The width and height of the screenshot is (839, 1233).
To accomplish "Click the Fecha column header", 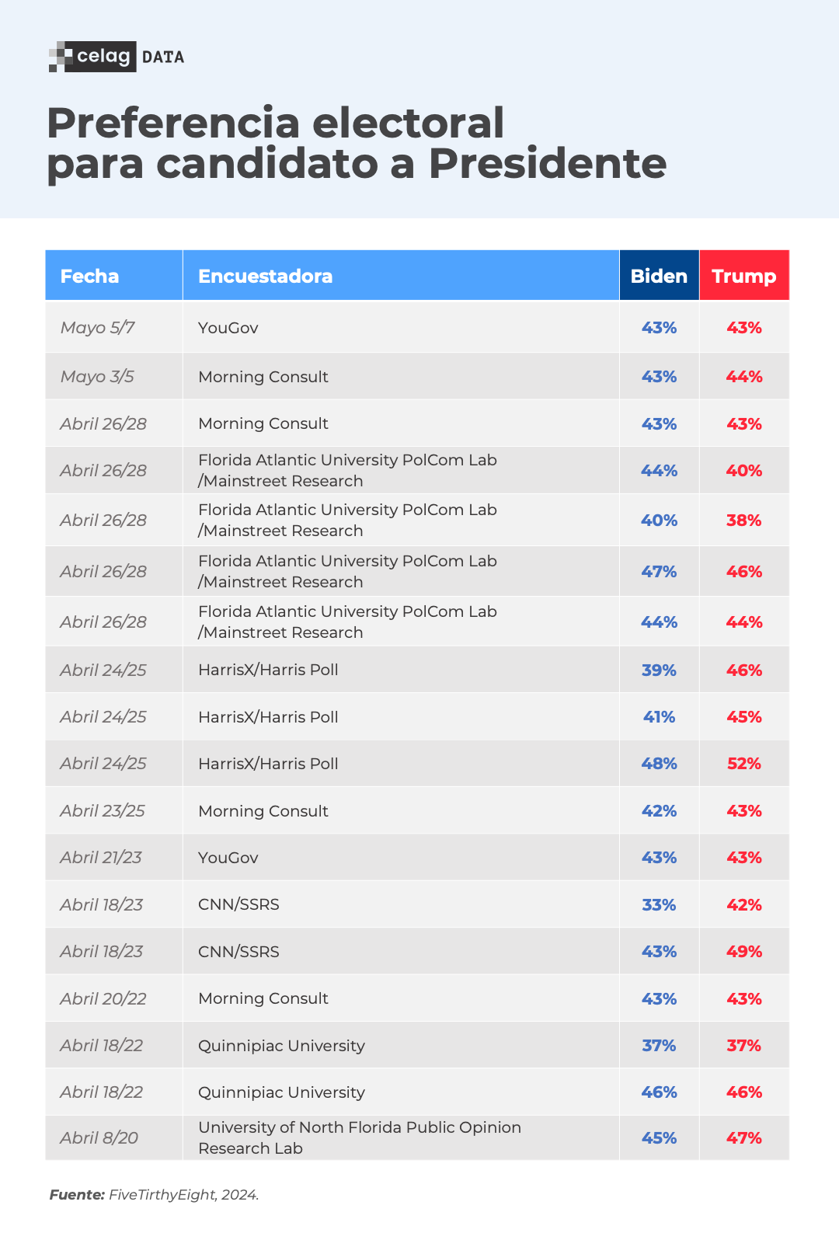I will point(89,276).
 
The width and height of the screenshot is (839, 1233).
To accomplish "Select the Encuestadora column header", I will point(265,276).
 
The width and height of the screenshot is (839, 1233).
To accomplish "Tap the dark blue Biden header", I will point(659,276).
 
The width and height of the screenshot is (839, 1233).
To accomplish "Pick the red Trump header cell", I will point(743,276).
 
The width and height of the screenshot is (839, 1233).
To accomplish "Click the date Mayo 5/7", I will point(97,328).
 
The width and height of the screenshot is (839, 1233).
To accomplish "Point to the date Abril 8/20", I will point(99,1138).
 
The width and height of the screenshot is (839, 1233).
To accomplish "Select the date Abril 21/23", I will point(101,858).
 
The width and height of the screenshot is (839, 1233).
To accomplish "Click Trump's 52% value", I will point(743,764).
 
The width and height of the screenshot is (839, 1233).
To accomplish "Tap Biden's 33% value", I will point(659,905).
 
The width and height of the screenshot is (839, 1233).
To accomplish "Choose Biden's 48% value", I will point(659,764).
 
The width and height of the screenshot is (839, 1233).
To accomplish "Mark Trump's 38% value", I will point(743,521).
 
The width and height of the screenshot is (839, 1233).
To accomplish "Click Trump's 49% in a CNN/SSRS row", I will point(743,952).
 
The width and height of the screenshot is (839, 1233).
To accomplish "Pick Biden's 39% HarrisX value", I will point(659,670).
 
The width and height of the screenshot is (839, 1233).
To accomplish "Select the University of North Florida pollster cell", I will point(359,1137).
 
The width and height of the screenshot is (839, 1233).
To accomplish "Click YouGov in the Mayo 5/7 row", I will point(228,328).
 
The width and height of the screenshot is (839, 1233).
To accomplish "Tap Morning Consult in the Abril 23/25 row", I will point(263,811).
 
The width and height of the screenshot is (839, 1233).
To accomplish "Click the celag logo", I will point(93,57).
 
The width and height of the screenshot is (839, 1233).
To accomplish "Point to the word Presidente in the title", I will point(547,164).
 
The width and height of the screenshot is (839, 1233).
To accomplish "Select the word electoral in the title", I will point(408,123).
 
